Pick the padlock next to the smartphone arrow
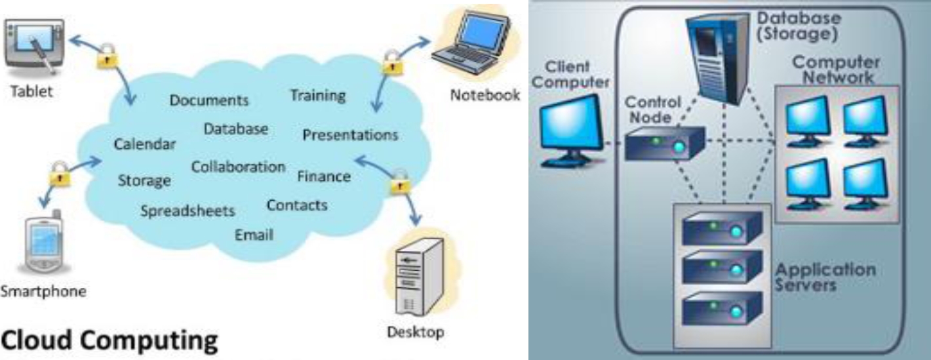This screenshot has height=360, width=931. tap(58, 175)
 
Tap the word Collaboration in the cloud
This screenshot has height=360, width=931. tap(238, 167)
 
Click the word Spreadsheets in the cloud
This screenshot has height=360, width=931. tap(188, 211)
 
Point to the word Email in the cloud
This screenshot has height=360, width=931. tap(254, 235)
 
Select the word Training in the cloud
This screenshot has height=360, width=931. tap(318, 95)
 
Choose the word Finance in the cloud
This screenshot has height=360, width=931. tap(324, 176)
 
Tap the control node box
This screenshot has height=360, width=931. tap(664, 144)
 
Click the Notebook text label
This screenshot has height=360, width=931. tap(485, 96)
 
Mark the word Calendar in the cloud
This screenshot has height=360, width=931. tap(145, 144)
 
